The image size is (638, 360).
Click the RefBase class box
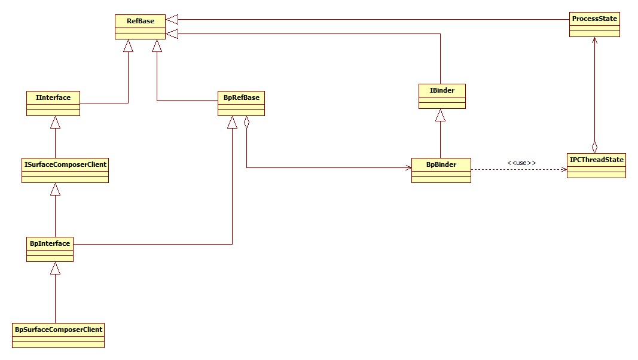point(141,27)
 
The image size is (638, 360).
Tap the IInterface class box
point(53,103)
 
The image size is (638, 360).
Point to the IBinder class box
point(442,96)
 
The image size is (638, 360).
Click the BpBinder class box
point(441,170)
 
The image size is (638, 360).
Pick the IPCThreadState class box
point(596,166)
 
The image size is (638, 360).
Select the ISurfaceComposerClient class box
point(65,170)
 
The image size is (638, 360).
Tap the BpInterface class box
point(50,249)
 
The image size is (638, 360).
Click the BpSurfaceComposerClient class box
point(59,335)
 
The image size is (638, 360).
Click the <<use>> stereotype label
point(521,163)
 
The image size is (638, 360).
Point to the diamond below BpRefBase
point(246,123)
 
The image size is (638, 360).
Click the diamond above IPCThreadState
point(594,146)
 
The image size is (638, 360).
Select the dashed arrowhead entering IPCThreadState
point(563,170)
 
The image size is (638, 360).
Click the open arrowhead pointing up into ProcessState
point(594,41)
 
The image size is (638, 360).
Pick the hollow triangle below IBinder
point(441,115)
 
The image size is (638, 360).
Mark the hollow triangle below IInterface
point(55,123)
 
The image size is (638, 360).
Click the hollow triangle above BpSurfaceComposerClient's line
point(55,269)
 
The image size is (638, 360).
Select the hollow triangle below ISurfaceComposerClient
point(55,190)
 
